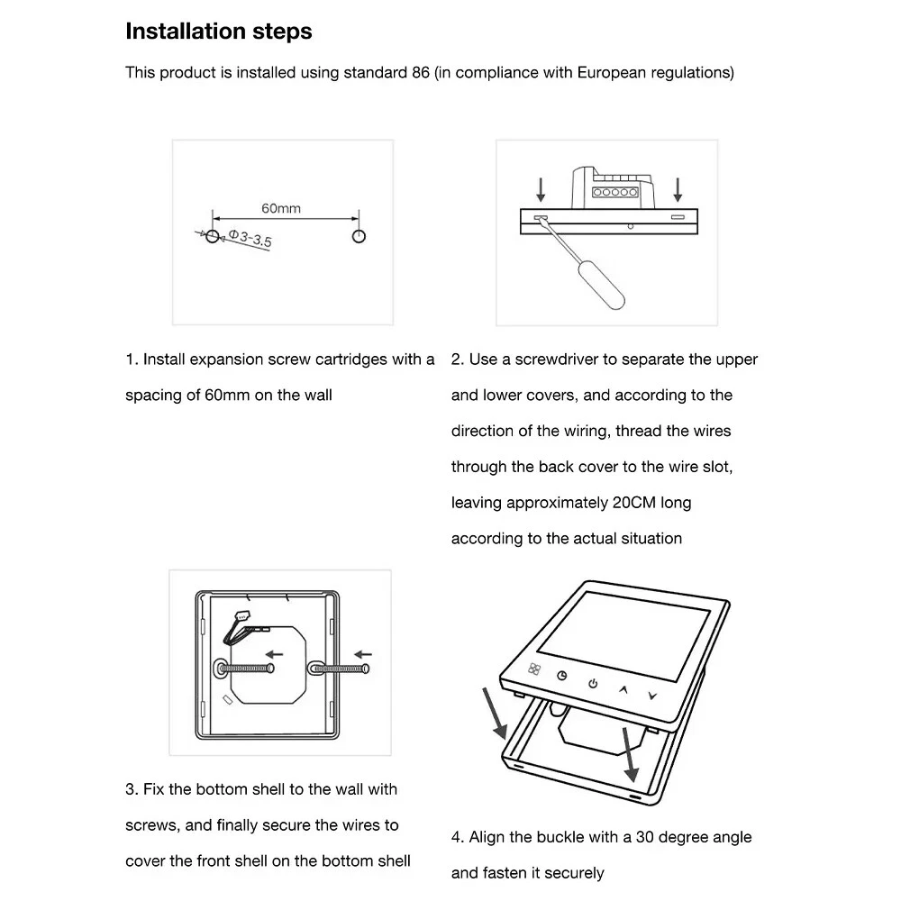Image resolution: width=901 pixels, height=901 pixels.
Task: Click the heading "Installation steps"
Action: coord(219,32)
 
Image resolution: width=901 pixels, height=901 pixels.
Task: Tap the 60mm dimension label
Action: coord(281,208)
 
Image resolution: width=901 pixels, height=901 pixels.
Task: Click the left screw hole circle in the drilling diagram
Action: coord(211,236)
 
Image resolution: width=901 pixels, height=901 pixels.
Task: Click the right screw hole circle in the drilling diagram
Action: coord(359,236)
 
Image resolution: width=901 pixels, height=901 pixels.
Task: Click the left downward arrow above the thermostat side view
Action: coord(541,188)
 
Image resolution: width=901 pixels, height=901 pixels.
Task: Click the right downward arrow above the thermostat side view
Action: coord(678,188)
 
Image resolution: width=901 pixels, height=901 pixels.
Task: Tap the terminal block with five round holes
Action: coord(614,193)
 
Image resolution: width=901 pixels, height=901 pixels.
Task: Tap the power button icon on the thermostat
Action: coord(593,684)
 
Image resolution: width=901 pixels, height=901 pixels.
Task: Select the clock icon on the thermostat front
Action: coord(562,676)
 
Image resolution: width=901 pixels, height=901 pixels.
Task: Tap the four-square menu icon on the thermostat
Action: coord(533,669)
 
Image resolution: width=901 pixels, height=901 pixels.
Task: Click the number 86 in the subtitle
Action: coord(419,73)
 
